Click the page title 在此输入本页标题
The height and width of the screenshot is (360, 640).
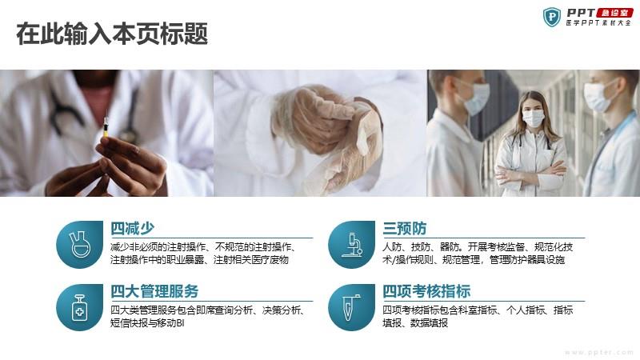pos(112,34)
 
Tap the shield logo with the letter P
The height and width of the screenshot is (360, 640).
pos(552,17)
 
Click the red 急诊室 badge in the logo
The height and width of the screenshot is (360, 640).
pos(614,13)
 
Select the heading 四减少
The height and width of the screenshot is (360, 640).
pos(132,228)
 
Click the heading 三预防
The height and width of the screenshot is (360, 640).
pos(404,228)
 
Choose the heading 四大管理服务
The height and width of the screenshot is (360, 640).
pos(154,291)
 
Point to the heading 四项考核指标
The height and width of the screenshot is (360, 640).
pos(426,291)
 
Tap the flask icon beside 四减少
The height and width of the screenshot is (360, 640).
pos(79,244)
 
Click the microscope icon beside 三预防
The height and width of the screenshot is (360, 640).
pos(352,245)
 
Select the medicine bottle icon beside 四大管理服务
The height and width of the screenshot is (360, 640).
pos(79,307)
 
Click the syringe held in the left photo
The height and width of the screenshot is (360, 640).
pos(106,126)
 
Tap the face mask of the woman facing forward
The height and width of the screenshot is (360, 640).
pos(533,118)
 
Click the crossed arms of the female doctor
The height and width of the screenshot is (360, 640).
pos(530,172)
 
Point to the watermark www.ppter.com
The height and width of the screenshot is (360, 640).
pos(599,352)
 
